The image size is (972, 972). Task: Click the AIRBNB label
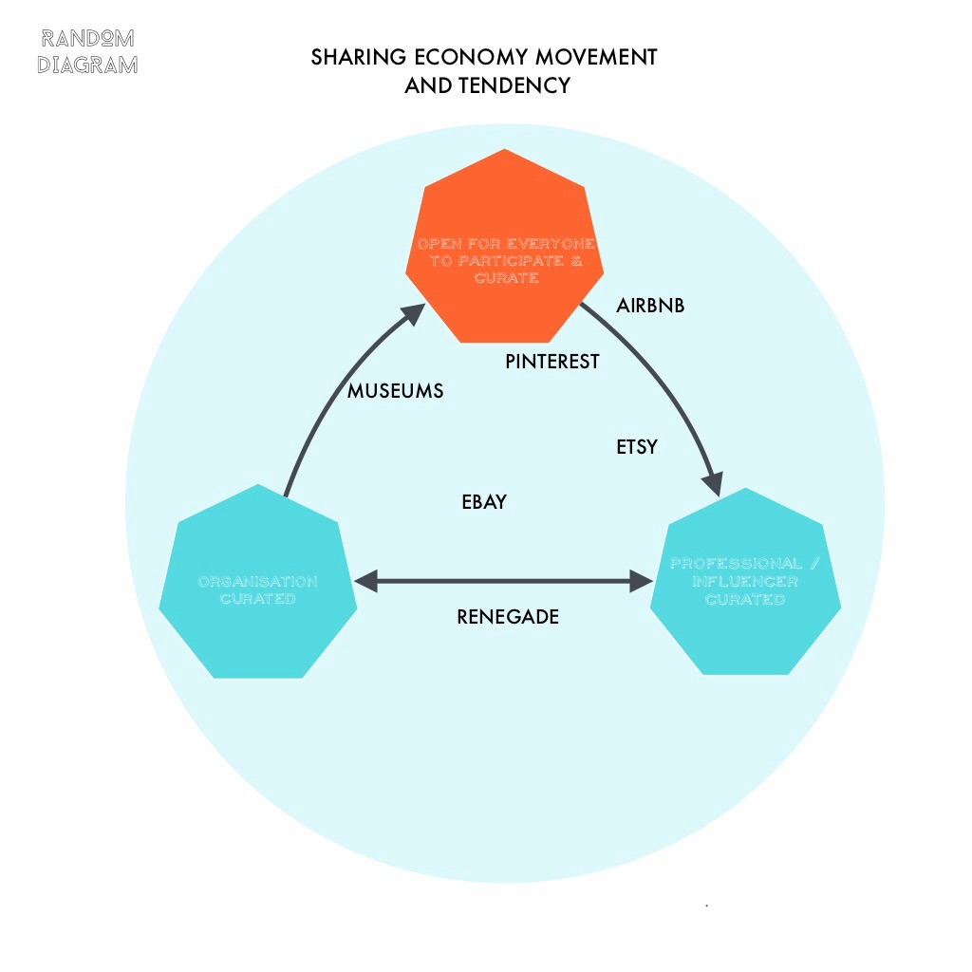coord(650,306)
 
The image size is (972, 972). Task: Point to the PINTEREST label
coord(551,362)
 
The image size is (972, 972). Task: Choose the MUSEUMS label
coord(395,391)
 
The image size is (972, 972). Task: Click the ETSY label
coord(637,447)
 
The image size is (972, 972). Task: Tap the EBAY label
coord(484,502)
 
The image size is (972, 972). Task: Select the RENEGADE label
coord(508,617)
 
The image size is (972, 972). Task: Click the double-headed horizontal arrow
coord(503,582)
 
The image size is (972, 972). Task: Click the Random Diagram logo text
coord(87,51)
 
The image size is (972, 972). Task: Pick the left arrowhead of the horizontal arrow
coord(366,582)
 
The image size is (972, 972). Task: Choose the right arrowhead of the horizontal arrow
coord(645,582)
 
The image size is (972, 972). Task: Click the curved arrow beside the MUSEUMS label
coord(323,399)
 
